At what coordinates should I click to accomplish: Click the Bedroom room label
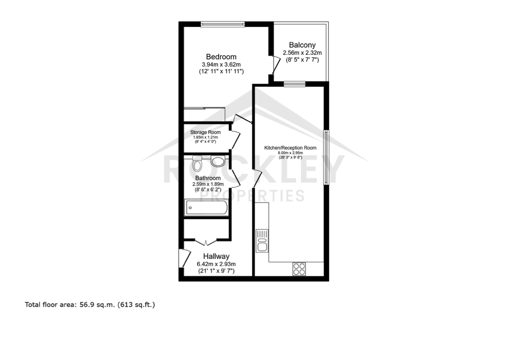pyautogui.click(x=221, y=57)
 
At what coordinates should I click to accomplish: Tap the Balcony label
pyautogui.click(x=302, y=45)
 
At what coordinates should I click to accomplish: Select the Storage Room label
pyautogui.click(x=205, y=132)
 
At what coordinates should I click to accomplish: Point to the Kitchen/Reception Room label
pyautogui.click(x=290, y=148)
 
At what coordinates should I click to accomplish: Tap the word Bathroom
pyautogui.click(x=208, y=178)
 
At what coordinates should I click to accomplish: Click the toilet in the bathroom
pyautogui.click(x=197, y=164)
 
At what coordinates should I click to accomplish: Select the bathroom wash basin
pyautogui.click(x=218, y=161)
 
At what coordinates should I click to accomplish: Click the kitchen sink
pyautogui.click(x=262, y=241)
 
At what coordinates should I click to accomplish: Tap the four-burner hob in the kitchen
pyautogui.click(x=299, y=269)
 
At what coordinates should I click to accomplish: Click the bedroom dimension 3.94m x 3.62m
pyautogui.click(x=221, y=65)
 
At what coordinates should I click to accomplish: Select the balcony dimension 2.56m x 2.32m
pyautogui.click(x=302, y=53)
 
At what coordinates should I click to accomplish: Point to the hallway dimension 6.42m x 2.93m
pyautogui.click(x=216, y=264)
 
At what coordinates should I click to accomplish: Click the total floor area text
pyautogui.click(x=90, y=305)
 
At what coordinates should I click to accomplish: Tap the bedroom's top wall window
pyautogui.click(x=222, y=24)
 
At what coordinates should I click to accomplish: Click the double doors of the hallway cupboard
pyautogui.click(x=206, y=242)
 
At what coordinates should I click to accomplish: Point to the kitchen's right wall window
pyautogui.click(x=326, y=157)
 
